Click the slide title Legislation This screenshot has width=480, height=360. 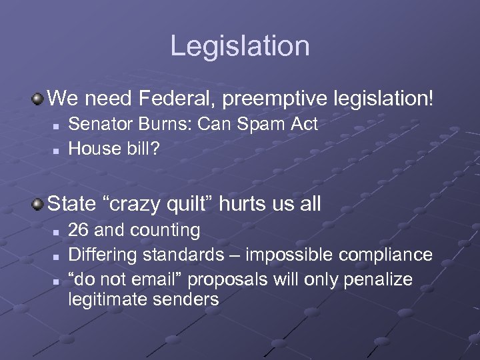(240, 46)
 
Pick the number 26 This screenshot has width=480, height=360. (79, 231)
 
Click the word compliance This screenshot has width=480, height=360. (386, 255)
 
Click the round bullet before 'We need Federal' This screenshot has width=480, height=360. (38, 99)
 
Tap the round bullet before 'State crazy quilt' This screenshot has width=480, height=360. (38, 203)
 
